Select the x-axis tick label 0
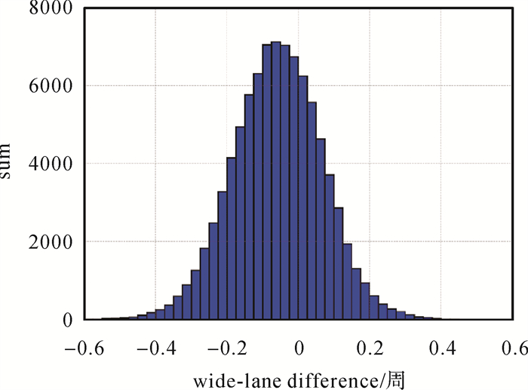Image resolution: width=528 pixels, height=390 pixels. click(x=299, y=348)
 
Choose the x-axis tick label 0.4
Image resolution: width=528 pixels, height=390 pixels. click(x=444, y=348)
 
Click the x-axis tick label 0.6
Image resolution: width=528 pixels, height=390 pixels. click(x=514, y=348)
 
